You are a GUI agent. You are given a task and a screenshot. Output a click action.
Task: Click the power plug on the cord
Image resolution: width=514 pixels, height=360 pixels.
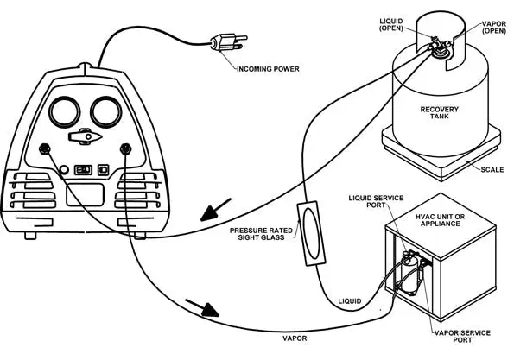(228, 42)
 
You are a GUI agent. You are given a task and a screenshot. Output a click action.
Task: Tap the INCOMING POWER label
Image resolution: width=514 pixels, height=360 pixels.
(268, 69)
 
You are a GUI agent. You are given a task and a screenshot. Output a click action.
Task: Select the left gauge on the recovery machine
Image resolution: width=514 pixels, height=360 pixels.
(64, 111)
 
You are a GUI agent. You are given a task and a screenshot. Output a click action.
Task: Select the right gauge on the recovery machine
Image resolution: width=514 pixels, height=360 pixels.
(106, 111)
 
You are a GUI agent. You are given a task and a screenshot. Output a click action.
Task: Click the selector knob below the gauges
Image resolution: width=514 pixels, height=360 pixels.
(85, 136)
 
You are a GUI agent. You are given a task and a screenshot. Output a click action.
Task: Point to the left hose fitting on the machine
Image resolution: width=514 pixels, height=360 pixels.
(45, 149)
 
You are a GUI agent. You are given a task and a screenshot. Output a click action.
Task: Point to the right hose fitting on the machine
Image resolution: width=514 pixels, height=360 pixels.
(125, 149)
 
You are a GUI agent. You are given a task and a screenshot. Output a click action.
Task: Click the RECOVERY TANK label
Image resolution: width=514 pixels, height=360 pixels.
(439, 113)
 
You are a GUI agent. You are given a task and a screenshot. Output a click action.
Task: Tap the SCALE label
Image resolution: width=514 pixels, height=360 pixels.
(492, 170)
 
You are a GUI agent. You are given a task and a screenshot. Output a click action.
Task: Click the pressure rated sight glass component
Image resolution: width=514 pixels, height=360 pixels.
(311, 233)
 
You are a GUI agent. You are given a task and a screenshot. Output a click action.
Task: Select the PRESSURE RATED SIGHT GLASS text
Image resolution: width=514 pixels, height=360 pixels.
(261, 234)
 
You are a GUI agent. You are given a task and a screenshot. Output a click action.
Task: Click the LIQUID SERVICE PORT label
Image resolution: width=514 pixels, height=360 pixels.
(376, 201)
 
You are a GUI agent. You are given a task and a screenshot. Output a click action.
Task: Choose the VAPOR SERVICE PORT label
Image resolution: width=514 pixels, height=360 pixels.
(462, 337)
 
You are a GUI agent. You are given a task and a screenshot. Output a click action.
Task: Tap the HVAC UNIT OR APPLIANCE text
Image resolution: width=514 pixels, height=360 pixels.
(440, 220)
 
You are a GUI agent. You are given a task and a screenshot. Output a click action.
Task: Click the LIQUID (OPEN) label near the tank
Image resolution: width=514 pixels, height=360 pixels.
(391, 25)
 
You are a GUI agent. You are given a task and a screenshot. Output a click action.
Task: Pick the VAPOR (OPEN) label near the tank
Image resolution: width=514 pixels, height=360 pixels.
(494, 28)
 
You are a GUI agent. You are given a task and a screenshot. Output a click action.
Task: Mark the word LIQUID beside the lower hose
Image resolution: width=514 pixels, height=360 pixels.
(350, 301)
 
